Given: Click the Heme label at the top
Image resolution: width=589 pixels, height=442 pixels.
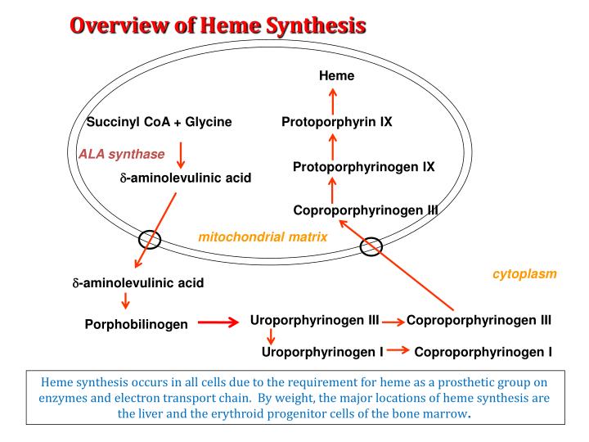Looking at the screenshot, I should click(336, 76).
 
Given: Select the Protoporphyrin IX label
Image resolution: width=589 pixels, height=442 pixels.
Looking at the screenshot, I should click(337, 122).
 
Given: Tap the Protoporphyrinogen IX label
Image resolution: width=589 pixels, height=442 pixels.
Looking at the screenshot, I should click(363, 167).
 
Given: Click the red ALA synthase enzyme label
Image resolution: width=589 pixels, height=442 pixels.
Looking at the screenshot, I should click(122, 154).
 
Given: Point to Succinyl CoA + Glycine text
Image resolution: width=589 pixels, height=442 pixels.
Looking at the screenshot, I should click(160, 122).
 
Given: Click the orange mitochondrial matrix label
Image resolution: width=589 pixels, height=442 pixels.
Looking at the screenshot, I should click(263, 237).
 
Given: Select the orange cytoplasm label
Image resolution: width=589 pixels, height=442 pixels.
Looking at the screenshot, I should click(524, 274).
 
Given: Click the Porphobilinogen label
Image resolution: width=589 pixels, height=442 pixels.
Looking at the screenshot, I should click(137, 324).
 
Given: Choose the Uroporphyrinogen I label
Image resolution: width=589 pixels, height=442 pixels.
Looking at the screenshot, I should click(322, 353).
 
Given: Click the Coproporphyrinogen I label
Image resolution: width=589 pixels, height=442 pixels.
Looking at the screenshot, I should click(483, 353).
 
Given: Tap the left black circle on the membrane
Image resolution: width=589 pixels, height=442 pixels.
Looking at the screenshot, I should click(151, 239).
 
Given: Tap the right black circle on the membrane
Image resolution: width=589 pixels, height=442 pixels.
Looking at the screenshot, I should click(371, 246).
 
